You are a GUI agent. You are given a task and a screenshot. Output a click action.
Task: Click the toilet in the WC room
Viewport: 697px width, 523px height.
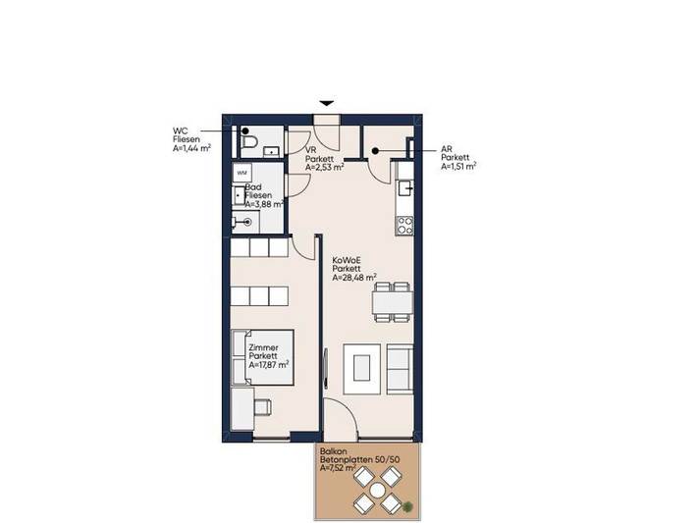click(x=249, y=144)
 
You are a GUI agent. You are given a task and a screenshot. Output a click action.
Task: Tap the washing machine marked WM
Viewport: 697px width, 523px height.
click(x=242, y=173)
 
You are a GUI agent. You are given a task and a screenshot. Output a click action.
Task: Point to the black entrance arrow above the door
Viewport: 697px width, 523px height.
click(x=328, y=101)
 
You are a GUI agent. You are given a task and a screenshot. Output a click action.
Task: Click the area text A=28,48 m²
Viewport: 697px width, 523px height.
click(x=354, y=277)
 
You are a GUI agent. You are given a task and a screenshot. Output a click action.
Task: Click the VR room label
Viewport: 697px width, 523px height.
click(x=310, y=148)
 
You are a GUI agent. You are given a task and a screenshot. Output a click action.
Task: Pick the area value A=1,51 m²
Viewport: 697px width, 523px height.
click(x=459, y=167)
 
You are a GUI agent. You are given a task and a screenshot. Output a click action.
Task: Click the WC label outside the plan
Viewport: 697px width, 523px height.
click(x=179, y=130)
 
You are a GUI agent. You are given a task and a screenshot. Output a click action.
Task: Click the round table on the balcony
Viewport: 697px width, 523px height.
click(x=377, y=491)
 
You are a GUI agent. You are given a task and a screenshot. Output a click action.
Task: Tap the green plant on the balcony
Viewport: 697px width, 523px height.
click(x=406, y=505)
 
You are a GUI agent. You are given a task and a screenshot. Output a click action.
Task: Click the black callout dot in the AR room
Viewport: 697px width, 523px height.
click(x=377, y=150)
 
